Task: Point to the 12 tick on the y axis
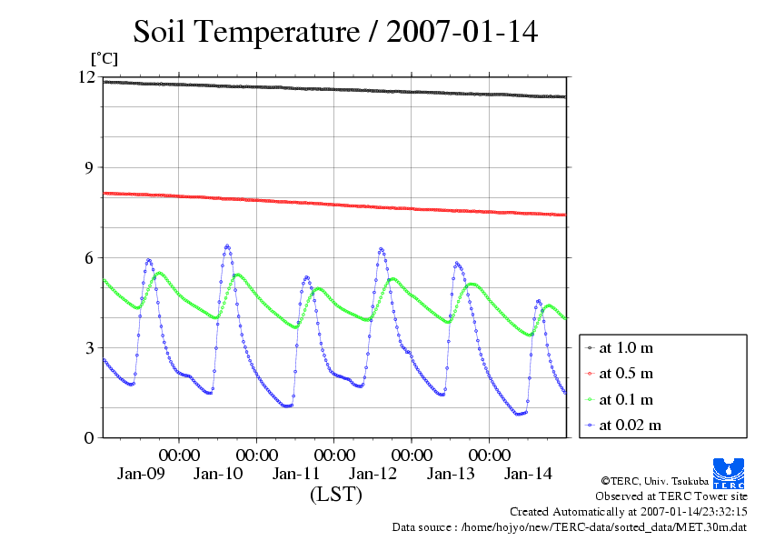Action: tap(87, 78)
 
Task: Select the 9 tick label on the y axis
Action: tap(90, 168)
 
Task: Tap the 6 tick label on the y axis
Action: tap(90, 258)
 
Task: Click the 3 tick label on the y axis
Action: tap(90, 348)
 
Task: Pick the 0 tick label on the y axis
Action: tap(90, 438)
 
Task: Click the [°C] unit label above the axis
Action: tap(104, 59)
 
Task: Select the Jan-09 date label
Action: tap(141, 474)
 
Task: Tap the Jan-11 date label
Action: tap(296, 474)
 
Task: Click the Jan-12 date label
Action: tap(373, 474)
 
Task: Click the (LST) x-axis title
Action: tap(335, 496)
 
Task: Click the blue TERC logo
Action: tap(729, 472)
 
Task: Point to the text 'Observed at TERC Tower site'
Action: tap(671, 496)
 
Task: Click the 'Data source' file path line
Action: tap(569, 526)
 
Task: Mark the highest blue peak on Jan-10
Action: tap(227, 245)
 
